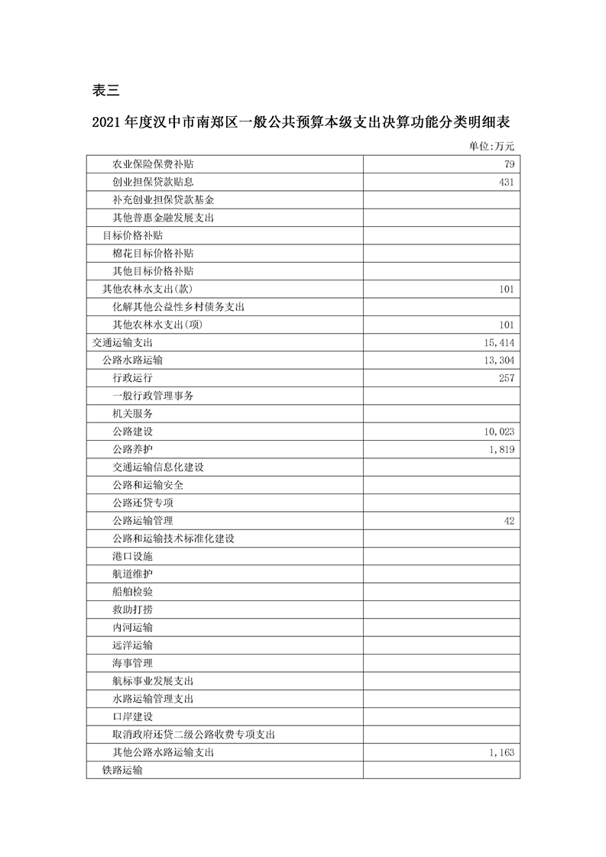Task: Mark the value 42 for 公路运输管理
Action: click(x=509, y=521)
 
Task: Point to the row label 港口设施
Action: click(x=132, y=557)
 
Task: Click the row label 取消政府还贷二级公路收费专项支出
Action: click(x=193, y=735)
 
